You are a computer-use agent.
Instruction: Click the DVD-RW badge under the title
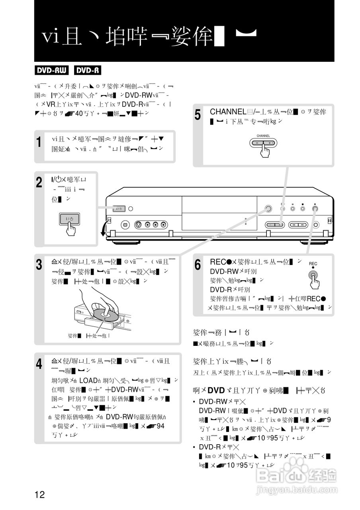51,71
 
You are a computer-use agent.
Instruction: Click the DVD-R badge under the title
87,71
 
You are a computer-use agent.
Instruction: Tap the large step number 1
39,142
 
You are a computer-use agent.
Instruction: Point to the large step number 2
39,183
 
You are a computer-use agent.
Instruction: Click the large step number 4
39,363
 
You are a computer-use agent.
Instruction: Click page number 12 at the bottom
39,495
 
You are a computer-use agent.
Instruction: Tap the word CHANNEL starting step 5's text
229,112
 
